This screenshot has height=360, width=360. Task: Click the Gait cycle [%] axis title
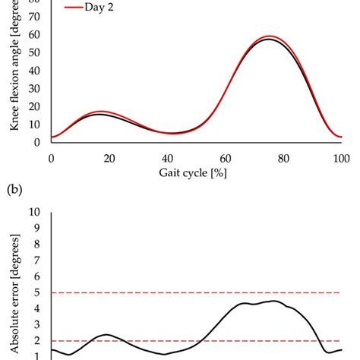tap(196, 173)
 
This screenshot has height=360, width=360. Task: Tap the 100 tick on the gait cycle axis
tap(342, 157)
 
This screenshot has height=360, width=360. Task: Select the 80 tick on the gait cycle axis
tap(283, 157)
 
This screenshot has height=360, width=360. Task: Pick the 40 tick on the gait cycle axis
tap(167, 157)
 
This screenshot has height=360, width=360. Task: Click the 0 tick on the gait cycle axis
tap(51, 157)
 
